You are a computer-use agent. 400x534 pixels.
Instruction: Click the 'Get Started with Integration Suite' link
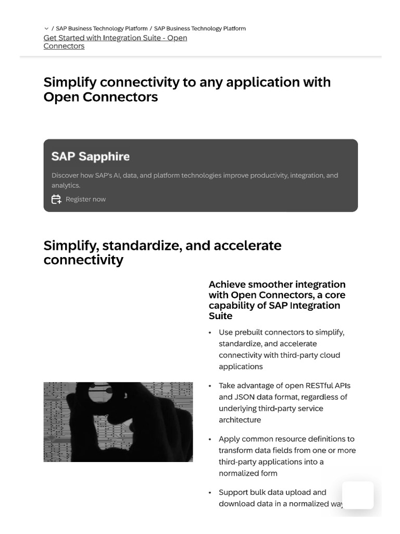pos(115,38)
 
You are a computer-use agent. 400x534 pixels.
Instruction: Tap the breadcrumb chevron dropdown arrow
pos(47,29)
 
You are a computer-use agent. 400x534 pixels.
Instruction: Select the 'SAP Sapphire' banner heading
pos(91,156)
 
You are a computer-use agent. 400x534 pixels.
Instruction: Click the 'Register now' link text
pos(85,199)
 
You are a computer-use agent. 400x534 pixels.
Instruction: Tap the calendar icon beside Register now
pos(56,199)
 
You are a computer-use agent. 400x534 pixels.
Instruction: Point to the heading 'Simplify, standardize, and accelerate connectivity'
pos(162,252)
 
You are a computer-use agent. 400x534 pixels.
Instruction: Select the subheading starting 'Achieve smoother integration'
pos(277,300)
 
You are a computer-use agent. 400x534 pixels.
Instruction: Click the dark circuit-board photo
pos(118,422)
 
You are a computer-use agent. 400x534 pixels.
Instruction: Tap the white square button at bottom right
pos(358,495)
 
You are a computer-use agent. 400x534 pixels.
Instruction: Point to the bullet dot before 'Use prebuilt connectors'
pos(209,333)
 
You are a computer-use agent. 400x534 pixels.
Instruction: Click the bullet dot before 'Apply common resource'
pos(209,440)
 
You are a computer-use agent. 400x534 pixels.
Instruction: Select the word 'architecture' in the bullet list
pos(240,420)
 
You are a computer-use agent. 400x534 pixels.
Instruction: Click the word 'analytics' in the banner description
pos(65,185)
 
